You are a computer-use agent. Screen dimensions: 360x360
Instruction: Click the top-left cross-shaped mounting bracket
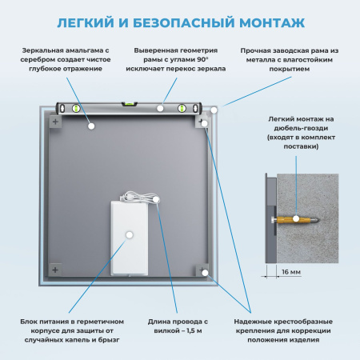pyautogui.click(x=55, y=122)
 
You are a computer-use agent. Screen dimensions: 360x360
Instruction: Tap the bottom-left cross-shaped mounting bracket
pyautogui.click(x=55, y=270)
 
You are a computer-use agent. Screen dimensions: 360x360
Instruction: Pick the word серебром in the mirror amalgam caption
pyautogui.click(x=41, y=60)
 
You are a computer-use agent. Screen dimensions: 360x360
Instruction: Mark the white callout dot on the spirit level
pyautogui.click(x=162, y=106)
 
